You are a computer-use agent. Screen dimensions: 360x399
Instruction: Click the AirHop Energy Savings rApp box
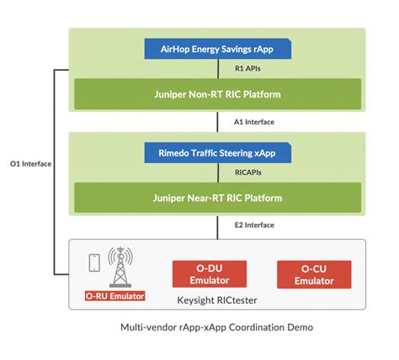(218, 49)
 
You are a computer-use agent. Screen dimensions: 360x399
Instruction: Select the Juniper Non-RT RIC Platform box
(218, 93)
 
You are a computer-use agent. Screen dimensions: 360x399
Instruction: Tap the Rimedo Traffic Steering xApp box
(218, 153)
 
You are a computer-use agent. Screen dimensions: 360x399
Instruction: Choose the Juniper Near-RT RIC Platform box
(218, 198)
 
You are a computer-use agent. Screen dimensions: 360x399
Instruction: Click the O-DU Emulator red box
(209, 274)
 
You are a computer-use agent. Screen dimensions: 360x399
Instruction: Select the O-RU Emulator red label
(115, 296)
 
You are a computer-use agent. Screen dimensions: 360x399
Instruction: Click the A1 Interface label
(254, 121)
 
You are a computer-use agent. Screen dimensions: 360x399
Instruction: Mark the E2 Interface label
(254, 225)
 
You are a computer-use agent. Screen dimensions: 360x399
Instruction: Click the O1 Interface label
(32, 163)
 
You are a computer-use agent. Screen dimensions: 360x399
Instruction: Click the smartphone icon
(95, 264)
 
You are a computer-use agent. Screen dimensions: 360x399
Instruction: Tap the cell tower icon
(120, 265)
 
